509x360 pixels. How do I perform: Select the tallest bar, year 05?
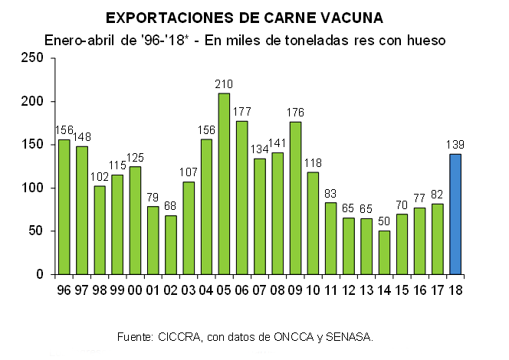224,183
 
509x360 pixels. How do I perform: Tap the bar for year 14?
385,252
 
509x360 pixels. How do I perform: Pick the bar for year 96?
64,206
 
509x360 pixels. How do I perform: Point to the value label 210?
224,84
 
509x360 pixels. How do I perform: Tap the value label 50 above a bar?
385,221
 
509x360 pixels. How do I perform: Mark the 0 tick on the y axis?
42,274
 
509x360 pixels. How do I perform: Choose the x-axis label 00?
136,290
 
